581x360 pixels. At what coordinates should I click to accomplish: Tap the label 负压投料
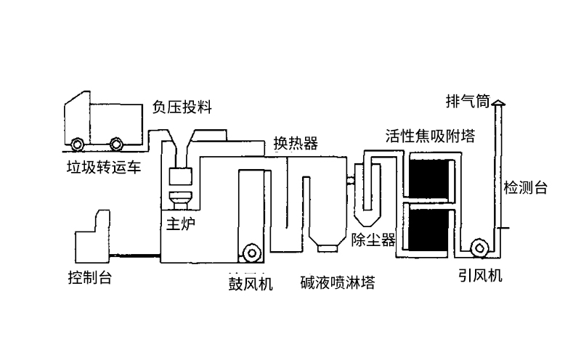[x=182, y=107]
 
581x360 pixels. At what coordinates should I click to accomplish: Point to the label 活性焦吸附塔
[x=430, y=136]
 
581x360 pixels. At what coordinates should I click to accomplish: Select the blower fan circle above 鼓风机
[x=252, y=252]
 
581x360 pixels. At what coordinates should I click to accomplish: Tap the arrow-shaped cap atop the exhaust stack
[x=498, y=105]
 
